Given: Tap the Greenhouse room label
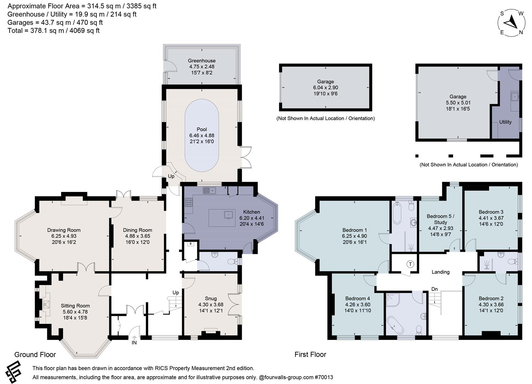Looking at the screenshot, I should [x=202, y=60].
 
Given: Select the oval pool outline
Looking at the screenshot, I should [x=202, y=135].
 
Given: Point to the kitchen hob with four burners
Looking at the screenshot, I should [x=188, y=203].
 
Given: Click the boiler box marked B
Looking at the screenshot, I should [x=191, y=244].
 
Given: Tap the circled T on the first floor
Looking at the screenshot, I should [x=410, y=264].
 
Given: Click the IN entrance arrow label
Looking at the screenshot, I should [x=134, y=342].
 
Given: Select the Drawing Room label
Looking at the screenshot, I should [x=64, y=230].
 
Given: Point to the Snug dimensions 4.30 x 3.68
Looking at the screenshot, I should [x=211, y=304].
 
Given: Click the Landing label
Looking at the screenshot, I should [x=440, y=272].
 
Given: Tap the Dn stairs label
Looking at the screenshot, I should [x=434, y=289].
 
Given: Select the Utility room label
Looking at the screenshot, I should [x=505, y=122].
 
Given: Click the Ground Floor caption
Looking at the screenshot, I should [x=35, y=354].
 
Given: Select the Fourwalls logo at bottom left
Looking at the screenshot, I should [x=14, y=372].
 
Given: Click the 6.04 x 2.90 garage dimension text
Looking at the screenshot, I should [x=325, y=87].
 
